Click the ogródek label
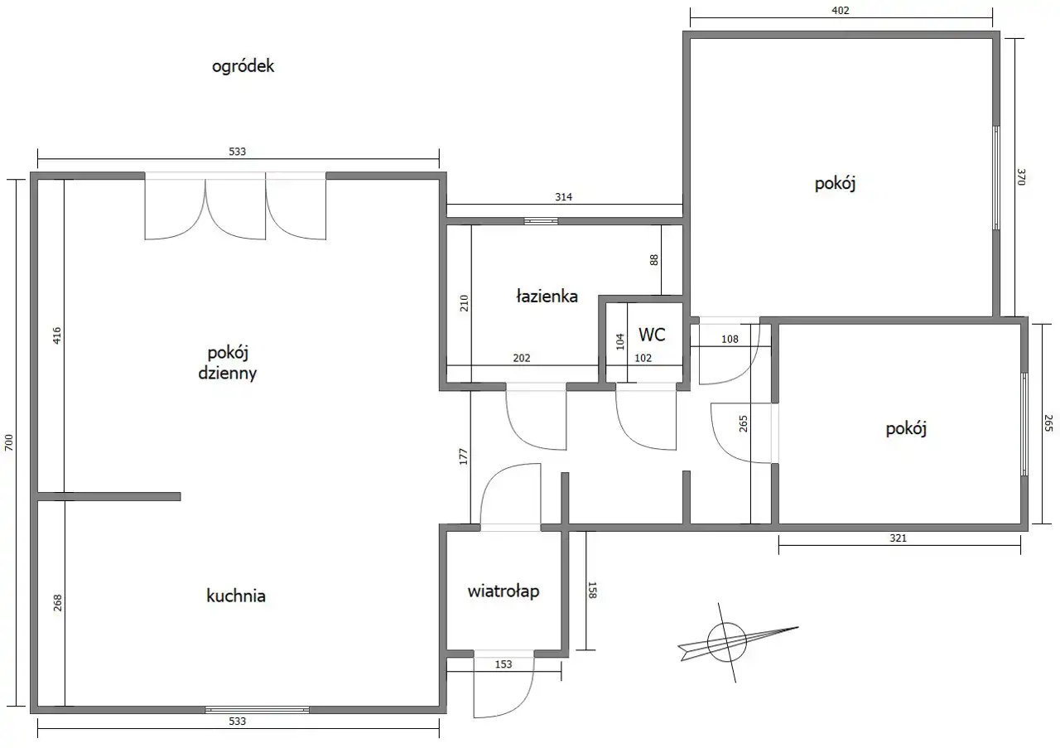point(243,66)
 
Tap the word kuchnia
point(236,596)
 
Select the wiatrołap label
point(503,591)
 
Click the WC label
point(652,334)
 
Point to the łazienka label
point(547,297)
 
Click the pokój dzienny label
point(228,363)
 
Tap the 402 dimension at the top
point(841,11)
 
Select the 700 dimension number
point(9,442)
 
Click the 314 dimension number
point(564,197)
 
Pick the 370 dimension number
point(1021,177)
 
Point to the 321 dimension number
point(898,538)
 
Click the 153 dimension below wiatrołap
point(503,664)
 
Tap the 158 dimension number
point(592,590)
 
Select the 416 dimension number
point(57,335)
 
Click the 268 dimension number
point(58,603)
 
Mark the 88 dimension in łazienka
point(653,260)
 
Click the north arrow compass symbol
point(727,642)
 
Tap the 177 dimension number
point(463,456)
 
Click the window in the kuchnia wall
point(257,710)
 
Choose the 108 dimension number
point(730,339)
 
